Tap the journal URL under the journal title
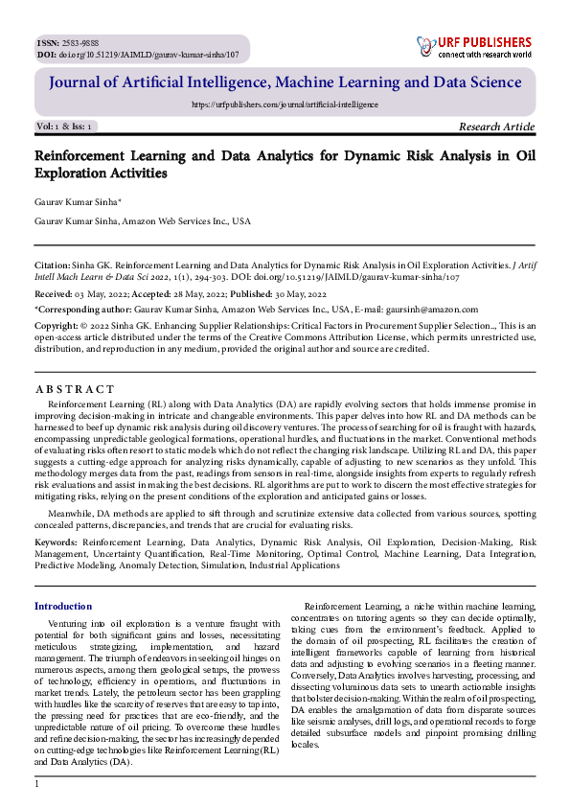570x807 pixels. (285, 104)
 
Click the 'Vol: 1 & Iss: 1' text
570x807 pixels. (64, 127)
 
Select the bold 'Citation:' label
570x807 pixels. (52, 261)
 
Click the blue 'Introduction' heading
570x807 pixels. (63, 606)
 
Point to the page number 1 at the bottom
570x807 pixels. (36, 785)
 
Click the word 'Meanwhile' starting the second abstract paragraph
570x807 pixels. (76, 513)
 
